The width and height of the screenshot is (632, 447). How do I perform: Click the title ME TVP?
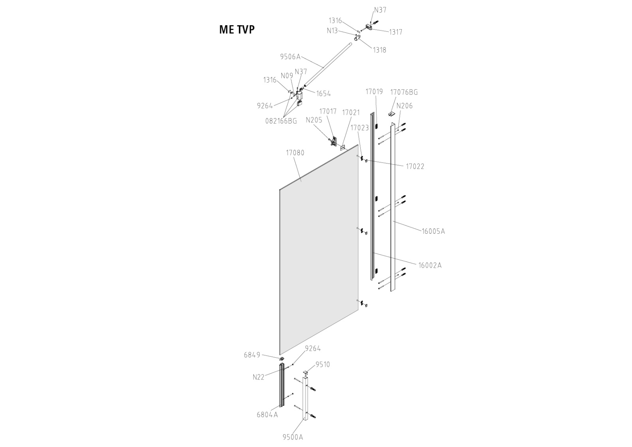[237, 30]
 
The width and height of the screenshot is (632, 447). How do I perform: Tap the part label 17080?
[295, 152]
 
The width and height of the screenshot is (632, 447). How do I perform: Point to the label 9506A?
[290, 56]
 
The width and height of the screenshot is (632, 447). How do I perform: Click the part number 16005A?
[433, 231]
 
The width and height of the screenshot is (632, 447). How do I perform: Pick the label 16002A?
[430, 265]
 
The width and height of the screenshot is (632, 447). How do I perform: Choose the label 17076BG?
[404, 92]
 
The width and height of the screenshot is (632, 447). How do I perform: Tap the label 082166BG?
[281, 121]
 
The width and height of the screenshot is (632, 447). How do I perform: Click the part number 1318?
[379, 50]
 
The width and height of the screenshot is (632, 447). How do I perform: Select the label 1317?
[395, 32]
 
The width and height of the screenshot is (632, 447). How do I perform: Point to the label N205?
[314, 120]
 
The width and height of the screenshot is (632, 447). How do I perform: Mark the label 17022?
[415, 167]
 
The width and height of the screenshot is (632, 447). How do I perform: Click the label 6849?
[252, 355]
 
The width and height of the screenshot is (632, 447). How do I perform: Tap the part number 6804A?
[267, 415]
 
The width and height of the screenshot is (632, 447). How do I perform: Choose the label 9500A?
[292, 437]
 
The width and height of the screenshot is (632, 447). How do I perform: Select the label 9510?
[322, 364]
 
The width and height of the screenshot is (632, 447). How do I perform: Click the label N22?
[258, 377]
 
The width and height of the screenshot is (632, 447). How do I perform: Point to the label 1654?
[324, 94]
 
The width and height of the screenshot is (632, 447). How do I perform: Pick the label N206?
[404, 106]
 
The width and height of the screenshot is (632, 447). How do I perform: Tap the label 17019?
[374, 92]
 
